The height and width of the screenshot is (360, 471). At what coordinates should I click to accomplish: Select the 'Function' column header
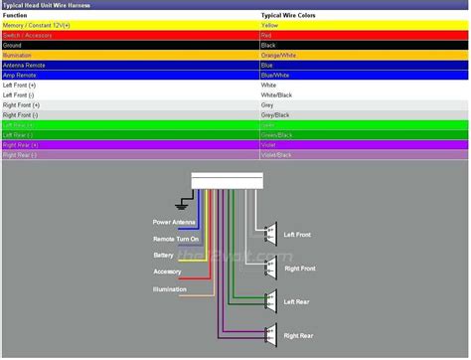[x=17, y=16]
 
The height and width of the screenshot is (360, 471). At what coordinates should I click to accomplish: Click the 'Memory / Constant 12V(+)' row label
[x=38, y=26]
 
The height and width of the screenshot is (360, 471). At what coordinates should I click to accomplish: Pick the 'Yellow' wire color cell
[x=268, y=26]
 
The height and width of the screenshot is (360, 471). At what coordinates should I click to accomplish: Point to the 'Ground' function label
[x=14, y=45]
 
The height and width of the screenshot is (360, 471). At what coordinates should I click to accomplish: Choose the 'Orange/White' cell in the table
[x=278, y=55]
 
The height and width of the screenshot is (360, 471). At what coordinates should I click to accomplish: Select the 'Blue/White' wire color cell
[x=275, y=75]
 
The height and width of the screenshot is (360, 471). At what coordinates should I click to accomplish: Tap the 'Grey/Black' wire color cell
[x=275, y=114]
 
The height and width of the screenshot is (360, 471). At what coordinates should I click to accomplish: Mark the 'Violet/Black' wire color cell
[x=277, y=155]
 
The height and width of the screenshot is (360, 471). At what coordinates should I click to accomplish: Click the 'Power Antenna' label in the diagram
[x=175, y=222]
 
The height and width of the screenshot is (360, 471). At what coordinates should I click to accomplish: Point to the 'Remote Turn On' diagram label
[x=176, y=239]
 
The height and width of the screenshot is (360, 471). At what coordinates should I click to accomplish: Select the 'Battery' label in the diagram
[x=163, y=256]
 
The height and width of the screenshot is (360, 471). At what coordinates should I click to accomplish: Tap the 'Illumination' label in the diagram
[x=169, y=288]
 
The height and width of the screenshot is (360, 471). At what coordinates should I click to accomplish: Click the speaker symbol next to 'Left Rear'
[x=268, y=300]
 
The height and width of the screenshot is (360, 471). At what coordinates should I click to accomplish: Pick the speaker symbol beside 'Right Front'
[x=268, y=268]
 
